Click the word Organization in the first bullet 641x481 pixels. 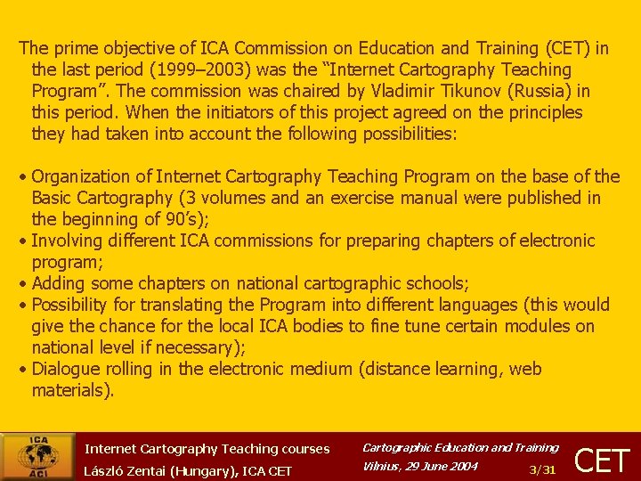(x=80, y=176)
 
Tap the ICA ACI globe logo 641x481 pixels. (x=37, y=456)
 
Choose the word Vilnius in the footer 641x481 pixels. (x=381, y=467)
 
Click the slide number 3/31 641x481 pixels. (x=542, y=469)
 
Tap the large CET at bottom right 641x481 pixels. (x=603, y=460)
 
